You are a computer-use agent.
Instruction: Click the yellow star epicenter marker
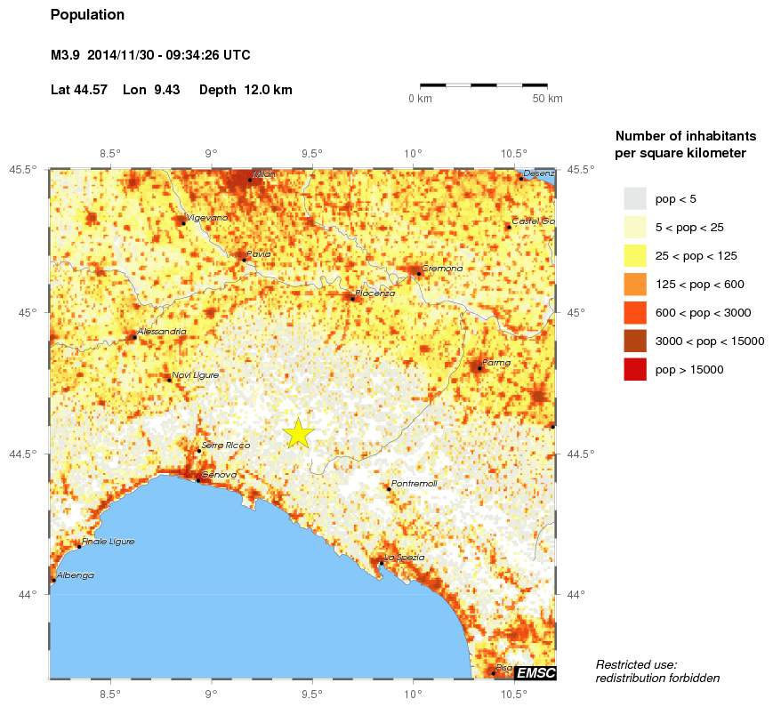pos(299,432)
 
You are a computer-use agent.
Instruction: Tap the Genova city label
pos(219,475)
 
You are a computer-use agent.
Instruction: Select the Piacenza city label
pos(374,293)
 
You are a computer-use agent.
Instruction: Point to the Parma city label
pos(496,363)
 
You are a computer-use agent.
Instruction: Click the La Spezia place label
pos(404,558)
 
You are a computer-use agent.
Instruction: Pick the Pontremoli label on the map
pos(414,484)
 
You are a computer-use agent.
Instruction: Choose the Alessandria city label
pos(162,332)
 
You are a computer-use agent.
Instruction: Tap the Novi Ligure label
pos(195,375)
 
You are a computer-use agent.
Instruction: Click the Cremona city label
pos(442,269)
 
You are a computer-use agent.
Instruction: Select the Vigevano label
pos(207,218)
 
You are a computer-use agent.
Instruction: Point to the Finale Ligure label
pos(108,542)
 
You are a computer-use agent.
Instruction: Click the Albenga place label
pos(76,575)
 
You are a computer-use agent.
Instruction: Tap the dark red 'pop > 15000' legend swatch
pos(634,368)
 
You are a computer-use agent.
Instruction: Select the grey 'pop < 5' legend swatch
pos(634,197)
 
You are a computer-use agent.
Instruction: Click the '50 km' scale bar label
pos(547,99)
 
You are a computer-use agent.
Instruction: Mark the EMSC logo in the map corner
pos(535,673)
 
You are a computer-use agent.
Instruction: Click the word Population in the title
pos(87,15)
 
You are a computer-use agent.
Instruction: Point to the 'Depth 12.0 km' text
pos(246,90)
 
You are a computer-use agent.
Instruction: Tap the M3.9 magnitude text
pos(66,55)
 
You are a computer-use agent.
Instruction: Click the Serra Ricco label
pos(226,445)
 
